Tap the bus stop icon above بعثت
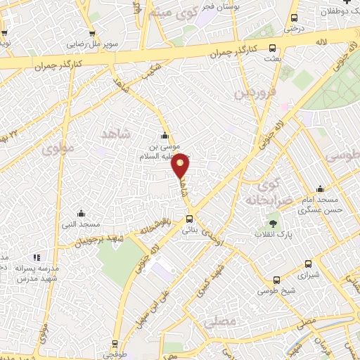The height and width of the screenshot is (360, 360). coord(274,51)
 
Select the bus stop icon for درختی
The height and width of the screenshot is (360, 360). coord(293,18)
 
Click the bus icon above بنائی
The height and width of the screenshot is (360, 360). coord(187,219)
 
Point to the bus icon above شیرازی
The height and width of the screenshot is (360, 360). coord(308,265)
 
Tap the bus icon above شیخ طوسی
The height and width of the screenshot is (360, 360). coord(277,279)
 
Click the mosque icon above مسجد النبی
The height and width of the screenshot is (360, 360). coord(81,214)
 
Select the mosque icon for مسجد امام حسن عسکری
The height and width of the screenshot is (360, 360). coord(321,188)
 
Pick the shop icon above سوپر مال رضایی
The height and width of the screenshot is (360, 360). coord(91,33)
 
